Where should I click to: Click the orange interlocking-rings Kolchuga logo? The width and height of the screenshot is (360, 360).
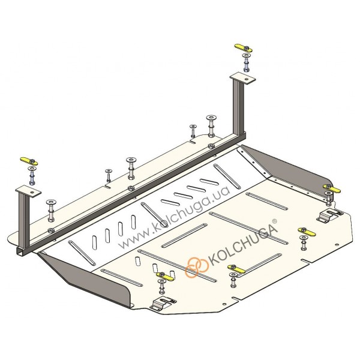197,267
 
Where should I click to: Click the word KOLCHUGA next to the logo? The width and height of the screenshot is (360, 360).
242,245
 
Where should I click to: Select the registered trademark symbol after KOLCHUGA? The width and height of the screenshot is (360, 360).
274,221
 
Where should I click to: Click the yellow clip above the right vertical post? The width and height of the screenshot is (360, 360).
244,48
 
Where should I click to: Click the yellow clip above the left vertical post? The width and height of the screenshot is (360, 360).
29,161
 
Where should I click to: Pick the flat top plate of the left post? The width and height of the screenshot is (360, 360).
28,191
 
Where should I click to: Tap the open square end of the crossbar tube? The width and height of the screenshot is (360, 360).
20,252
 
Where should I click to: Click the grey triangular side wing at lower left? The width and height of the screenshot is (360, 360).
87,280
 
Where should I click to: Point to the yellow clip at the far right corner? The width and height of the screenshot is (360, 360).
332,188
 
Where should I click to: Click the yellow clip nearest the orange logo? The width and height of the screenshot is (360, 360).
236,269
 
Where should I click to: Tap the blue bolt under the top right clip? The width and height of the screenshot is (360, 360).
246,65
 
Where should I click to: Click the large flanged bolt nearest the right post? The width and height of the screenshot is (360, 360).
212,126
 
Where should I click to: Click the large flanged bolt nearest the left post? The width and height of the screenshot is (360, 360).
50,211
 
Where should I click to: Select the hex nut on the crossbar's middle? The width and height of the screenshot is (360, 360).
131,188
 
